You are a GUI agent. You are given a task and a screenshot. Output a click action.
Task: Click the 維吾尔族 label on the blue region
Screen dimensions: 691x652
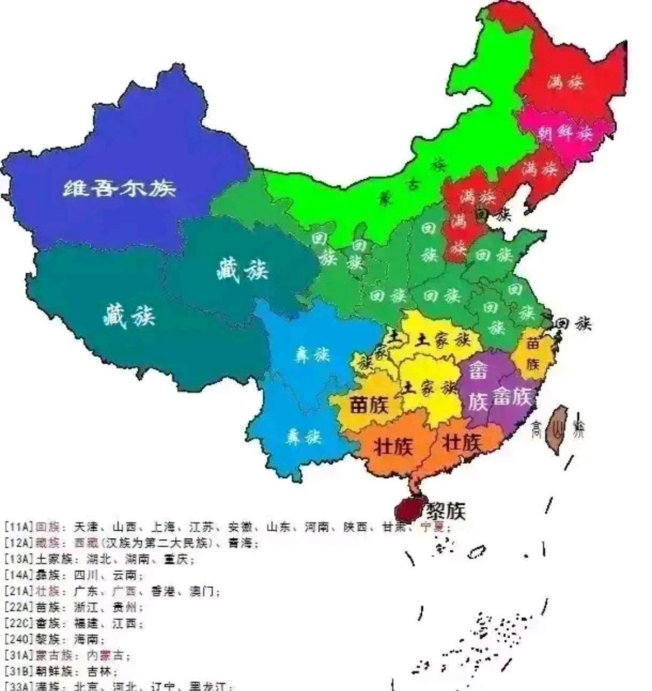120,188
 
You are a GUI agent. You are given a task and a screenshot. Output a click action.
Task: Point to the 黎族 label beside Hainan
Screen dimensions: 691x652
445,510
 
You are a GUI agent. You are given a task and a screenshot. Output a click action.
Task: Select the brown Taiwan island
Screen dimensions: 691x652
555,429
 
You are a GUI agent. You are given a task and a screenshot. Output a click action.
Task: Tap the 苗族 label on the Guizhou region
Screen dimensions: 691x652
369,405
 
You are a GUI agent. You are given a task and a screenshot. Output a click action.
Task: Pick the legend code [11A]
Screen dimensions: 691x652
18,527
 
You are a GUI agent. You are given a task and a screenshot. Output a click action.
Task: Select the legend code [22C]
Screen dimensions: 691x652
18,624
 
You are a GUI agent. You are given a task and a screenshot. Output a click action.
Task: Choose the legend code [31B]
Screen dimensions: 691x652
18,672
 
